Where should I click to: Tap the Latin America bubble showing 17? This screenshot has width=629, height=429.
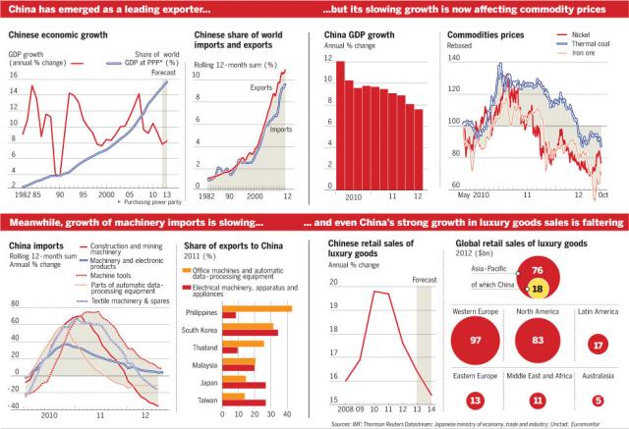598,346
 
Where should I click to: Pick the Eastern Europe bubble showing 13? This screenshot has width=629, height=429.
476,401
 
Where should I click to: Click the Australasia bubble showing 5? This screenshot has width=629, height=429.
598,401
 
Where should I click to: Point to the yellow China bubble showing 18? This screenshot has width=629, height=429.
537,290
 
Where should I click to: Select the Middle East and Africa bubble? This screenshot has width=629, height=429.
537,401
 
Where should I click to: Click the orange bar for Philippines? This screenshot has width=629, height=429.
258,308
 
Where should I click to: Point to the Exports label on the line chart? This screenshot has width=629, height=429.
260,87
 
